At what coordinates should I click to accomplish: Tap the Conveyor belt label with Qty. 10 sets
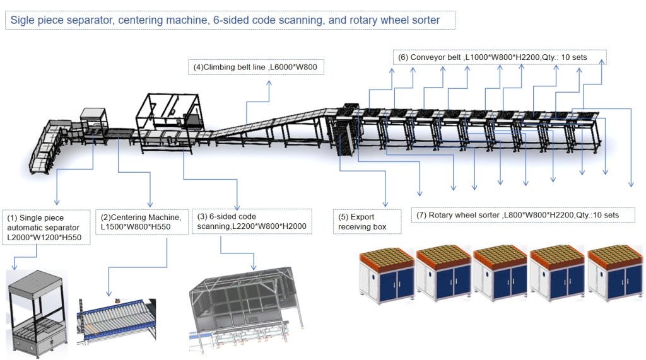pyautogui.click(x=499, y=57)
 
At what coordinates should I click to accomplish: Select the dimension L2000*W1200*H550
pyautogui.click(x=45, y=238)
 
